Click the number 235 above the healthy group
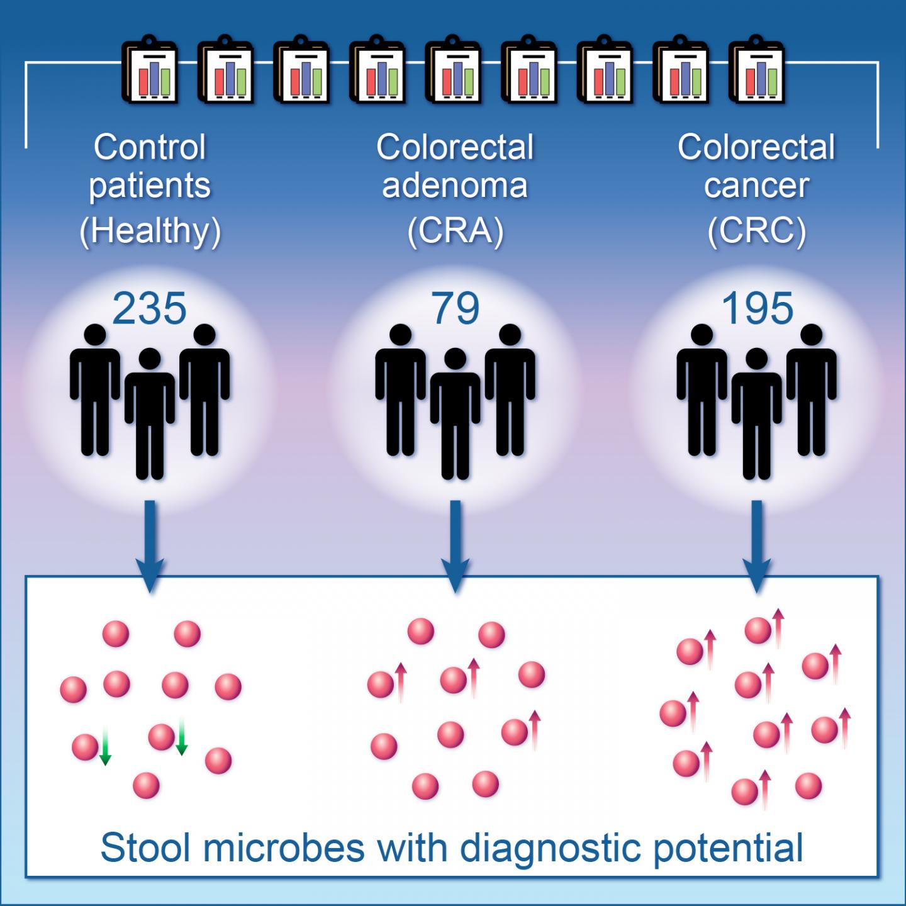pos(150,309)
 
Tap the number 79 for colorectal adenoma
pos(455,309)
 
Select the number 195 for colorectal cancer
pos(757,309)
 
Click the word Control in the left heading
pos(150,147)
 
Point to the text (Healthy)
pos(150,231)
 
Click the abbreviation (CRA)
pos(455,231)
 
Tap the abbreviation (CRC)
pos(757,231)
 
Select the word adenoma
pos(455,186)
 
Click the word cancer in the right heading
pos(757,186)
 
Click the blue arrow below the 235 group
pos(150,547)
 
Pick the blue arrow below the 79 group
pos(455,547)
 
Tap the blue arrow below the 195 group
pos(757,547)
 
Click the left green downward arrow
pos(106,746)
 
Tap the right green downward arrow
pos(181,736)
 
